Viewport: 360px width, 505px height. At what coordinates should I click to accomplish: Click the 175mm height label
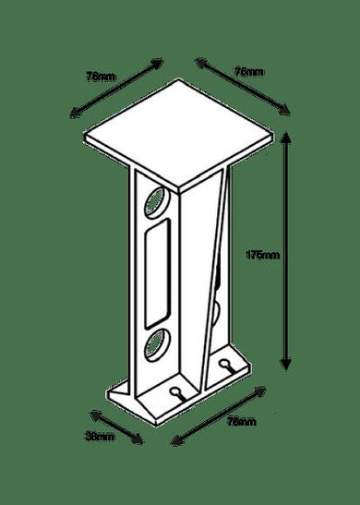(264, 255)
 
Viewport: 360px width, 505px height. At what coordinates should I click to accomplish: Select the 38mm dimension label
(101, 434)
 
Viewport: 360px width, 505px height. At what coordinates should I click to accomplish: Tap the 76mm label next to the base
(241, 421)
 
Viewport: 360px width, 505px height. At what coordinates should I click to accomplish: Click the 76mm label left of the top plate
(99, 78)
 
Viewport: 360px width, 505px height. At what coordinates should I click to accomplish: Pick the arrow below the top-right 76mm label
(243, 89)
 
